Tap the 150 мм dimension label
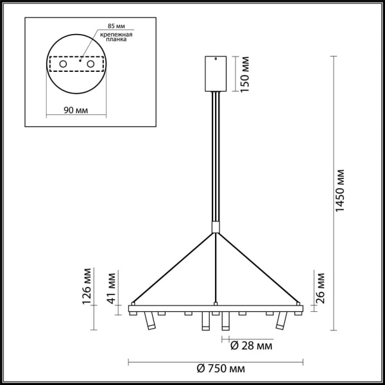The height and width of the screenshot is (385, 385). tap(244, 75)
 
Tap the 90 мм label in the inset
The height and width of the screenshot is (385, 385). tap(76, 110)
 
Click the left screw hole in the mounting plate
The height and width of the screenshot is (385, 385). tap(63, 64)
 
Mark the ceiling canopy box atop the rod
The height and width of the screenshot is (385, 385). tap(216, 74)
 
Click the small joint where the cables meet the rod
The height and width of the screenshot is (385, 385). tap(216, 228)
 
